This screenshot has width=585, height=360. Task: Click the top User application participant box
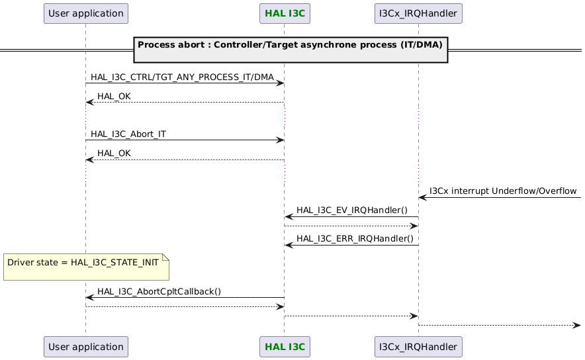click(x=85, y=13)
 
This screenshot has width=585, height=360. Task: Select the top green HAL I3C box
click(x=284, y=13)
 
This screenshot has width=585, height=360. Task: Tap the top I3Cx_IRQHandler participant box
click(x=418, y=13)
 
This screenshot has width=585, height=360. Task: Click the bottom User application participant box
click(x=85, y=346)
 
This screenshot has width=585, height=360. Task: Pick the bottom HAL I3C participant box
click(x=284, y=346)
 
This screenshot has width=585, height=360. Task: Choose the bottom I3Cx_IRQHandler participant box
click(x=418, y=346)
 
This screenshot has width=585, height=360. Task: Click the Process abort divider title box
click(x=291, y=50)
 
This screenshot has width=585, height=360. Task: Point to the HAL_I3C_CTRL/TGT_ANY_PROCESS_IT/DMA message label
click(x=182, y=77)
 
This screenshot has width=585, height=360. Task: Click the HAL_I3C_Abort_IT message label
click(x=128, y=134)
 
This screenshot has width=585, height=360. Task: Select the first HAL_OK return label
click(x=114, y=97)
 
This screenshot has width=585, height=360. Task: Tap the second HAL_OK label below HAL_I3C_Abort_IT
click(x=114, y=154)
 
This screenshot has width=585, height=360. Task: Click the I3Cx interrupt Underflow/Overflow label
click(x=503, y=191)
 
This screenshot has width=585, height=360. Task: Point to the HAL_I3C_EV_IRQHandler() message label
click(x=352, y=210)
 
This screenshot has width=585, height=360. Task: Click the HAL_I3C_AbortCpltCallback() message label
click(x=159, y=291)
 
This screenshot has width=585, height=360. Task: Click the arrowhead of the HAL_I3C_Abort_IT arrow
click(x=281, y=140)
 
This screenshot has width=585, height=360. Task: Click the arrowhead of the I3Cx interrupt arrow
click(x=422, y=197)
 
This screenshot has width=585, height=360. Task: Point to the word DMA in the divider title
click(x=431, y=45)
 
